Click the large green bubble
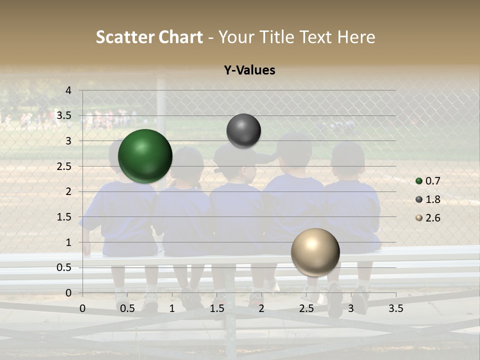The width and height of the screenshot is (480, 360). tap(145, 156)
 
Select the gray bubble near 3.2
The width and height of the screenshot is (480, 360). tap(243, 130)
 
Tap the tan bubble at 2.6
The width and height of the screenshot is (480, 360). tap(315, 252)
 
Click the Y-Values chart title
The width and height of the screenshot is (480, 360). tap(249, 70)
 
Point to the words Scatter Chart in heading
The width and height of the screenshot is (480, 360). tap(149, 37)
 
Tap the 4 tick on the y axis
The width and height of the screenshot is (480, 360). tap(69, 90)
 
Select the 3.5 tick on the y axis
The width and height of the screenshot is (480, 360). tap(65, 116)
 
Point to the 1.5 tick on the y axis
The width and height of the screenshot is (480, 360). tap(65, 217)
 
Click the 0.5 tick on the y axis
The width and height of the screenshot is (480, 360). tap(65, 267)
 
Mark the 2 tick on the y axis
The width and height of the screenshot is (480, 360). tap(69, 191)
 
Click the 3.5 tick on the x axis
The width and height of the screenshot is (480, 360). tap(395, 308)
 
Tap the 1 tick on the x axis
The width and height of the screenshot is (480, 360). tap(172, 308)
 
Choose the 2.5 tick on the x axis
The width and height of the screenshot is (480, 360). tap(306, 308)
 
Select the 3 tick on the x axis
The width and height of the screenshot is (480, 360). tap(351, 308)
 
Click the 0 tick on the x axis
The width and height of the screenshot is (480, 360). tap(82, 308)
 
